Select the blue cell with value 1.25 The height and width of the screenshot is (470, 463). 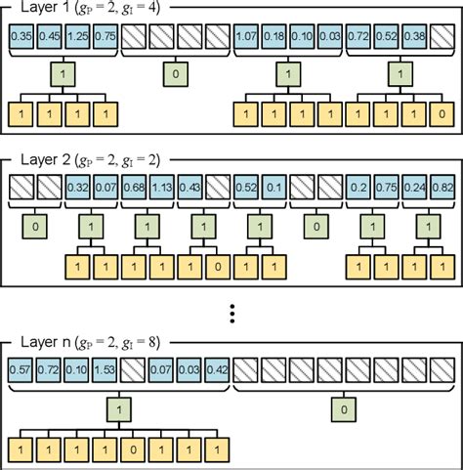click(77, 37)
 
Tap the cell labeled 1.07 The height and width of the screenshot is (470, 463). click(245, 37)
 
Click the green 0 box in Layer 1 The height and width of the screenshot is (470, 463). click(175, 74)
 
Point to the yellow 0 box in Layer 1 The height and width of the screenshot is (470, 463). click(442, 115)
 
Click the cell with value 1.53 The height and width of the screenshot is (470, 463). click(105, 371)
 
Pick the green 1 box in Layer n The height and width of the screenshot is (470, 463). click(119, 408)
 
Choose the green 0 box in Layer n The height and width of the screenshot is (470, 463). click(343, 408)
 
